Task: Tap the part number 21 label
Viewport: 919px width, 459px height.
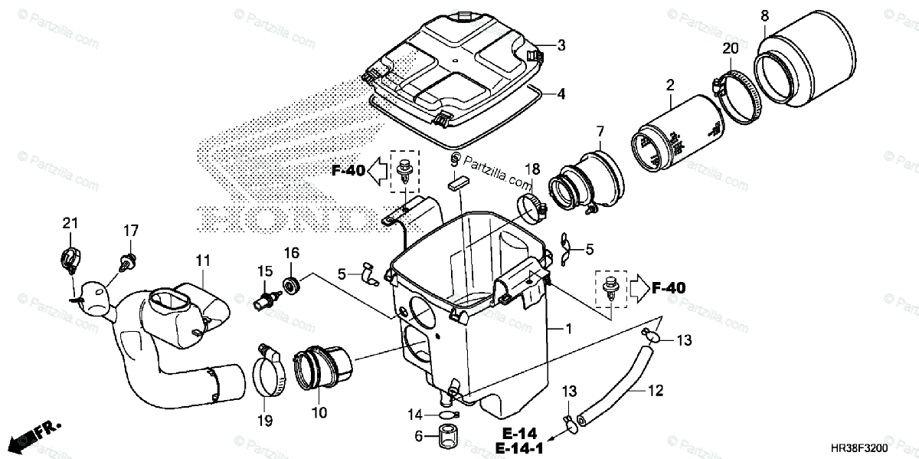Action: click(70, 223)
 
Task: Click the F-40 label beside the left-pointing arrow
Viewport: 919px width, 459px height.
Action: click(348, 170)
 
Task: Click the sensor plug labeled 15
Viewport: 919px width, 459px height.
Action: click(266, 298)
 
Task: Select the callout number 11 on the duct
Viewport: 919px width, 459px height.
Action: click(201, 261)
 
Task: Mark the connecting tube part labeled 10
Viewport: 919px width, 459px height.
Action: click(322, 368)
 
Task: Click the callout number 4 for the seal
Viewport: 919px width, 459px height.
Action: click(561, 94)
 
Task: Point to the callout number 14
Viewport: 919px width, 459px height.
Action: click(414, 415)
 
